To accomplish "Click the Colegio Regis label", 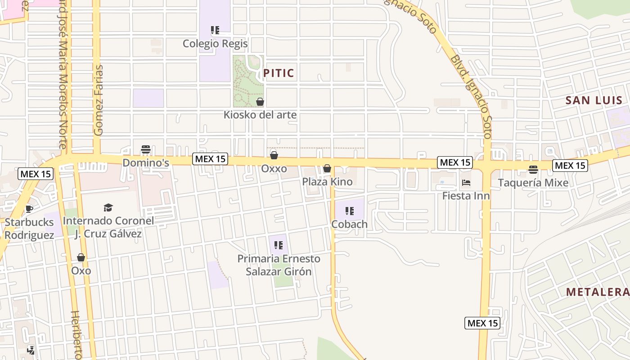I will tap(215, 44).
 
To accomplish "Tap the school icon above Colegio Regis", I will tap(215, 30).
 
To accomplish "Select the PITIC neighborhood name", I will tap(279, 73).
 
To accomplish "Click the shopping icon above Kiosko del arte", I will tap(260, 102).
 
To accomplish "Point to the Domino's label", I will tap(146, 162).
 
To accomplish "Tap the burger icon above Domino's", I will tap(145, 149).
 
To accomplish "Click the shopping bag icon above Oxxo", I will tap(274, 155).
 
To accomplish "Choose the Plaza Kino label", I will tap(327, 182).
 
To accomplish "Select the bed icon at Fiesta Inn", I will tap(466, 183).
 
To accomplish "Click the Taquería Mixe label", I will tap(533, 183).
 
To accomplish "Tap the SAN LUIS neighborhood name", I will tap(594, 100).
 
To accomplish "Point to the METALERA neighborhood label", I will tap(597, 292).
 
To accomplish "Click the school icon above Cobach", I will tap(350, 211).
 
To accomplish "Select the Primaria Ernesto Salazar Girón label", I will tap(279, 265).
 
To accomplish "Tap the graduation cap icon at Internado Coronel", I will tap(108, 207).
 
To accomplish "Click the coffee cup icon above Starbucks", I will tap(29, 209).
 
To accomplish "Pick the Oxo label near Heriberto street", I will tap(81, 270).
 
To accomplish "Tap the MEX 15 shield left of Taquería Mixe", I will tap(455, 162).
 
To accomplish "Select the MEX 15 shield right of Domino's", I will tap(210, 159).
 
